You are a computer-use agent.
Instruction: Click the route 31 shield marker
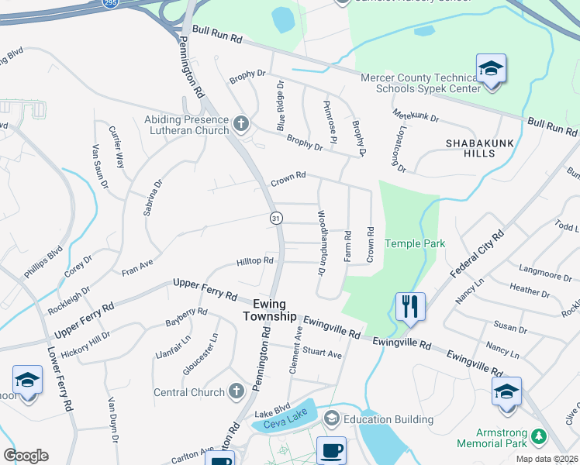275,219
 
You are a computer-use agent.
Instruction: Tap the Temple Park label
415,243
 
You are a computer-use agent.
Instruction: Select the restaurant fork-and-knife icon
410,305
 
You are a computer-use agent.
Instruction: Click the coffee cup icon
331,450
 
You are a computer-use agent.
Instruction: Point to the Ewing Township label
269,310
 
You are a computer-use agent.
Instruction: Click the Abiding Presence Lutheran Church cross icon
241,123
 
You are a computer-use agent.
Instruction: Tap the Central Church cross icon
237,392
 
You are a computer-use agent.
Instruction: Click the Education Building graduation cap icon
331,419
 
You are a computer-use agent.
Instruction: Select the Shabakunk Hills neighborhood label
481,148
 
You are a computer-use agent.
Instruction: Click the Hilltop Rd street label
255,261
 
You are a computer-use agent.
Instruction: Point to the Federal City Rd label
476,255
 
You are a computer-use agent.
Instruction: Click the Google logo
26,456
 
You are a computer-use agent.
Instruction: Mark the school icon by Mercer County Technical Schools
490,69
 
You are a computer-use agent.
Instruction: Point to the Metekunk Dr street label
416,116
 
